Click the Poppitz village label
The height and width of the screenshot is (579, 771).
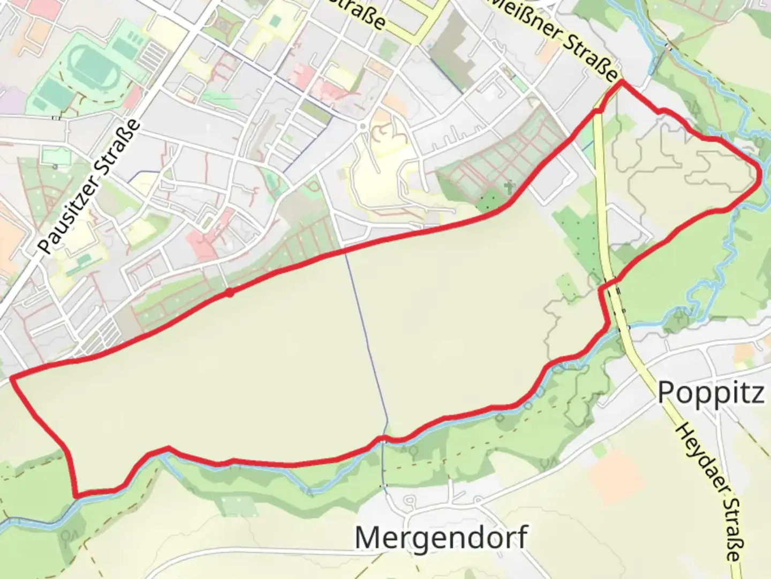point(710,392)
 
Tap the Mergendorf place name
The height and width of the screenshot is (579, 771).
point(441,537)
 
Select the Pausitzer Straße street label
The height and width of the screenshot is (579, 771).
point(90,187)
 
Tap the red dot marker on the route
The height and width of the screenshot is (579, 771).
point(229,293)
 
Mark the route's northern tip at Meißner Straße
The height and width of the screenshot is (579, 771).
point(621,81)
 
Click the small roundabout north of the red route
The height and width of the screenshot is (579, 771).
point(363,127)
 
